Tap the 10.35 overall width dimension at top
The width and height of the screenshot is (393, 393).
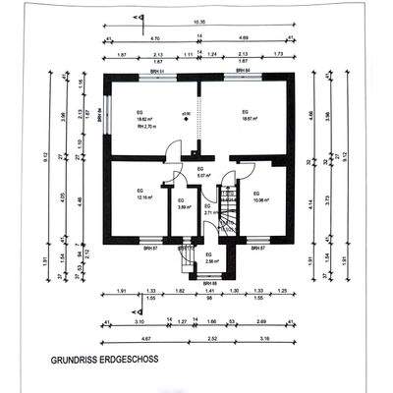pos(198,21)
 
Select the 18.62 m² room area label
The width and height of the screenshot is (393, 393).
pos(144,119)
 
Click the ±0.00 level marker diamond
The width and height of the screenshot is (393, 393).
pos(185,114)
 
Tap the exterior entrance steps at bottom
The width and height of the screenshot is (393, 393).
pos(184,259)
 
